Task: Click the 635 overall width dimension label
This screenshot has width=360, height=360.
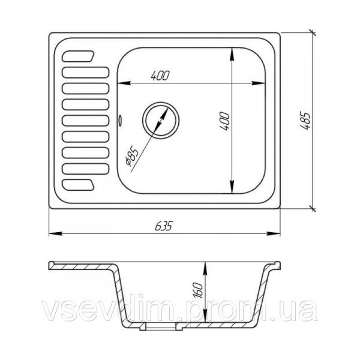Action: (x=163, y=226)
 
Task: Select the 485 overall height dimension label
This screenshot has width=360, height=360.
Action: (x=306, y=121)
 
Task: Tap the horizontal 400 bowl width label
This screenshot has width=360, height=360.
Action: (x=160, y=76)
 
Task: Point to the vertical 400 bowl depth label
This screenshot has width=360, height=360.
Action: (x=225, y=121)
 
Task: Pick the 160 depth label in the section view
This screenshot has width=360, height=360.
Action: (x=198, y=290)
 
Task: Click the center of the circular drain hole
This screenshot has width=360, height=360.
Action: (x=160, y=121)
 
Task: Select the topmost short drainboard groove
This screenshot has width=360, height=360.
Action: (x=78, y=56)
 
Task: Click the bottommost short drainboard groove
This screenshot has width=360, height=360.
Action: (x=78, y=185)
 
